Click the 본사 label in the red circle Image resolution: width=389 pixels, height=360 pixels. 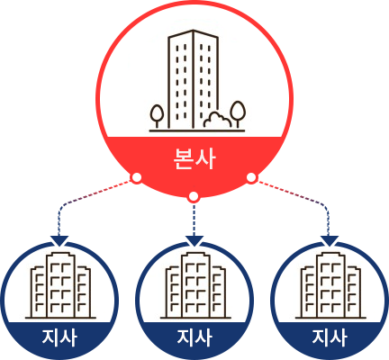click(194, 158)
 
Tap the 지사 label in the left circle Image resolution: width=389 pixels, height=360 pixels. click(59, 337)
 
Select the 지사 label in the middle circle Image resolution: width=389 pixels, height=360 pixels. click(194, 337)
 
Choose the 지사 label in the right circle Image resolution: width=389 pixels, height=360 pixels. click(330, 337)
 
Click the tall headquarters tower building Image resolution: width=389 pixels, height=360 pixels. click(193, 79)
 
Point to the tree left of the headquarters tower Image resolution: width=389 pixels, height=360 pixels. click(157, 116)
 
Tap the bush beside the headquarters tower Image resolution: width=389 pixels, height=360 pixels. click(217, 120)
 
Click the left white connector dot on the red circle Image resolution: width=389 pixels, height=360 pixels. click(137, 178)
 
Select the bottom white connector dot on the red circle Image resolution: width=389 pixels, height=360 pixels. click(194, 197)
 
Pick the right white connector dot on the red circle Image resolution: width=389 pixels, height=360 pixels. click(251, 177)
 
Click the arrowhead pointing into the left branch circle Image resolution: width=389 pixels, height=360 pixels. click(59, 241)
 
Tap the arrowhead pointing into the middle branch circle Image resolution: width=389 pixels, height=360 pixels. click(194, 241)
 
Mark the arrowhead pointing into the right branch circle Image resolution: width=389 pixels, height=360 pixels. click(330, 241)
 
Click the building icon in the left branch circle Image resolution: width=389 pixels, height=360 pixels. click(60, 285)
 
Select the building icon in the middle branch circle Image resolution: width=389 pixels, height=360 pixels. click(195, 285)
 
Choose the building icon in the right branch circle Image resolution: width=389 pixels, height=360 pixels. click(330, 285)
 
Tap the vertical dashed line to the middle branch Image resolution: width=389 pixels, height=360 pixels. click(194, 220)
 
